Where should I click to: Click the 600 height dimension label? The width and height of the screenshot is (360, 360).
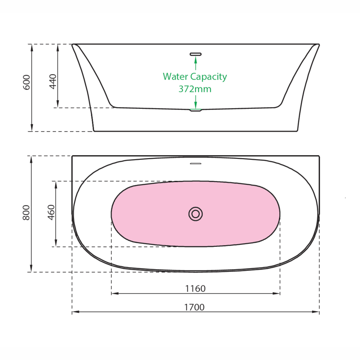tap(27, 82)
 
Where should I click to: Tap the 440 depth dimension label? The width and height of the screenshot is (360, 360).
tap(53, 81)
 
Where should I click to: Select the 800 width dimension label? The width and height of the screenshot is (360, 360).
tap(27, 213)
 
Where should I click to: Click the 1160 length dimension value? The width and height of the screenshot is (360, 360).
tap(195, 288)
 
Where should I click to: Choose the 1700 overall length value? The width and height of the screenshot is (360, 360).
tap(195, 307)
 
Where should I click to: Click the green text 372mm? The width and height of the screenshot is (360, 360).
tap(195, 89)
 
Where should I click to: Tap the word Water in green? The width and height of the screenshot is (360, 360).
tap(175, 77)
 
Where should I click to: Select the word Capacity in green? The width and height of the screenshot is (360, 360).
tap(209, 77)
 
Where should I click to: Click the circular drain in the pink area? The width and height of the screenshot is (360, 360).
tap(195, 214)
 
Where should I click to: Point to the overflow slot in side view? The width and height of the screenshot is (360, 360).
tap(195, 54)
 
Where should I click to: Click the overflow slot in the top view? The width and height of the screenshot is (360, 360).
tap(195, 163)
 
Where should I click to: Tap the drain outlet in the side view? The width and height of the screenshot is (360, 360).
tap(195, 110)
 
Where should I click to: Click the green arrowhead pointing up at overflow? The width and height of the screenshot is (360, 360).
tap(195, 60)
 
